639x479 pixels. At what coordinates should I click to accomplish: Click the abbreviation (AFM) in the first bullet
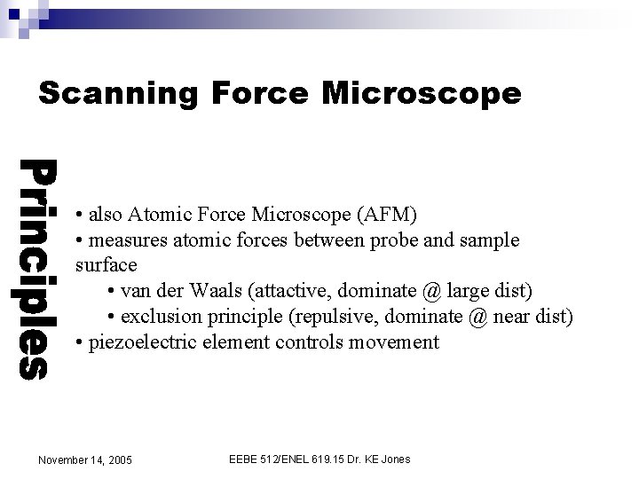pos(384,215)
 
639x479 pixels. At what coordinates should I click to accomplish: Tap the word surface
pos(106,265)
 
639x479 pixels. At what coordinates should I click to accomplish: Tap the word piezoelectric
pos(140,342)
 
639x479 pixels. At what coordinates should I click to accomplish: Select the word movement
pos(394,342)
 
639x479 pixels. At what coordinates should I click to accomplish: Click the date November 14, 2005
pos(85,459)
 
